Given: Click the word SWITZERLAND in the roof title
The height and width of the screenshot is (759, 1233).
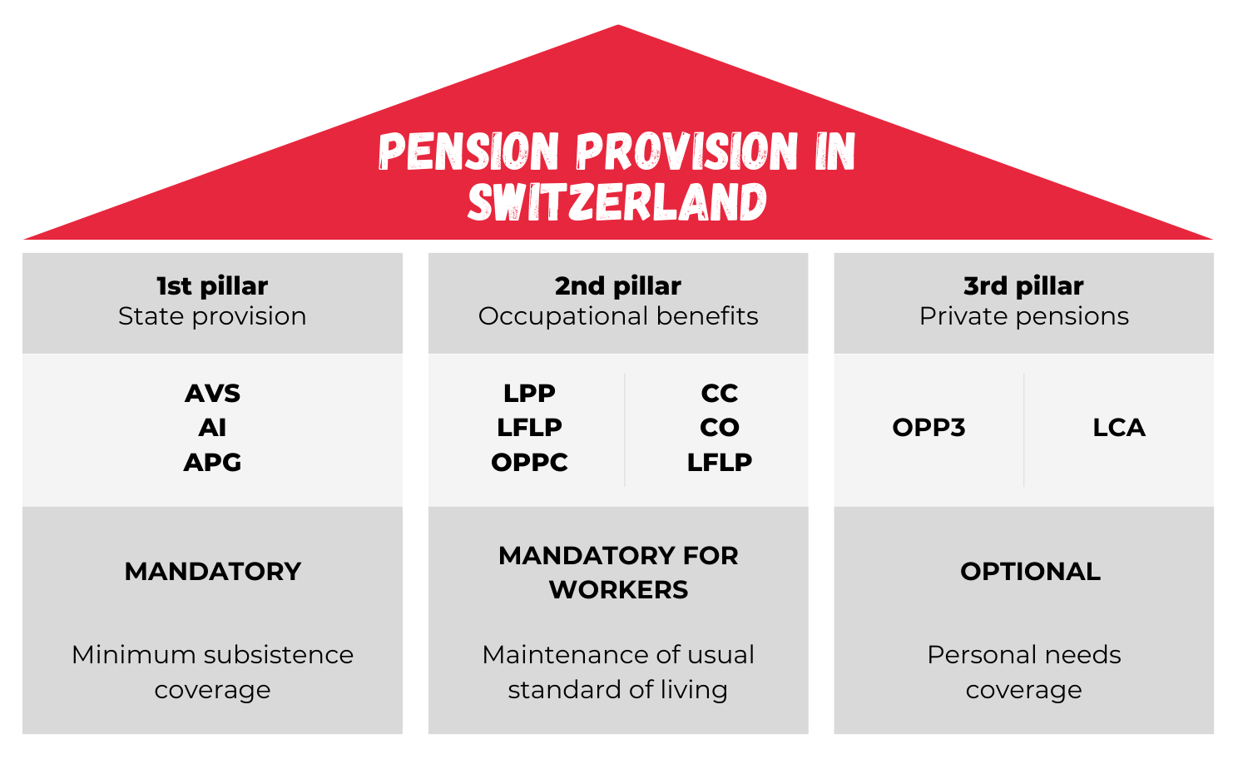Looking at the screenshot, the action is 617,201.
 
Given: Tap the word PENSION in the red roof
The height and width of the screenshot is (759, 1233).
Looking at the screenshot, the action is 468,151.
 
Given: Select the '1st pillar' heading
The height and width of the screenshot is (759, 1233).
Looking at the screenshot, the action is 212,285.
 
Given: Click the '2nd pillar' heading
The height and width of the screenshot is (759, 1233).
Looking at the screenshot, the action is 617,285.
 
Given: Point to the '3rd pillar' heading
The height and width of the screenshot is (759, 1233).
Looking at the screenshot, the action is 1023,285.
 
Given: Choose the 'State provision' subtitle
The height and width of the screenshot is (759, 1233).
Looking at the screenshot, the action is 212,317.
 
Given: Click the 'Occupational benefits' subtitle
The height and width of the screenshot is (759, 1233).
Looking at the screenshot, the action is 618,317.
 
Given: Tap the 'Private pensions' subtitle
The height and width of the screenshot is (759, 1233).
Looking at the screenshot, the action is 1024,317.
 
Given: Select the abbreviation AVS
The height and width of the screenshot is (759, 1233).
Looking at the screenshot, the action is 212,394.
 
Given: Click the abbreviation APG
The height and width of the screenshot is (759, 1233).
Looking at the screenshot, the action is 212,462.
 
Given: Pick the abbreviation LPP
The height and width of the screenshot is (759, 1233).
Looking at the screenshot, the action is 529,394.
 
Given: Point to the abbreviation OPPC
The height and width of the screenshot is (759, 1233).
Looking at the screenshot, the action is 529,462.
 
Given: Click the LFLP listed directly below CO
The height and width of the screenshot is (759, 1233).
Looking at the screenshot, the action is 720,462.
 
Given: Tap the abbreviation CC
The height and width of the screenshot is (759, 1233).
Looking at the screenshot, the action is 720,394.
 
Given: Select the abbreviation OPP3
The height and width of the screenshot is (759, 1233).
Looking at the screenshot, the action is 928,428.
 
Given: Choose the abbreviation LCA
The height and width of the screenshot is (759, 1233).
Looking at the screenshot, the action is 1119,428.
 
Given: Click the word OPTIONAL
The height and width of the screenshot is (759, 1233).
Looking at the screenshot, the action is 1031,572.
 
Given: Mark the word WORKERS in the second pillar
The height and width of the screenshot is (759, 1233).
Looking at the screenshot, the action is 618,590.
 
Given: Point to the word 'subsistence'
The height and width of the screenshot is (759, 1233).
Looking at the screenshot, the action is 279,655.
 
